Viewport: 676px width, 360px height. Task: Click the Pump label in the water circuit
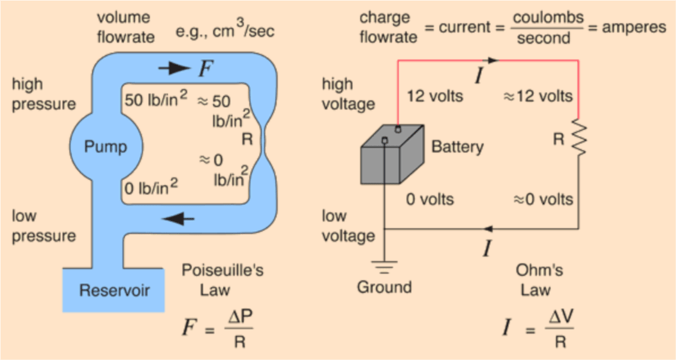[106, 145]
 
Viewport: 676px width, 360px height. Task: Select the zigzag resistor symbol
[579, 137]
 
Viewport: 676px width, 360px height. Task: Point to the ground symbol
[386, 266]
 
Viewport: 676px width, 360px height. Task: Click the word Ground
[385, 288]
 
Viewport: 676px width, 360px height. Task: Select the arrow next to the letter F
[175, 68]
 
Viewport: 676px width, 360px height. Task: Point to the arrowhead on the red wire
[493, 60]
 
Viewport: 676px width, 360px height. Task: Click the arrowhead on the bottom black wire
[489, 228]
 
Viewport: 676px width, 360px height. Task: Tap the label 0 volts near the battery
[430, 199]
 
